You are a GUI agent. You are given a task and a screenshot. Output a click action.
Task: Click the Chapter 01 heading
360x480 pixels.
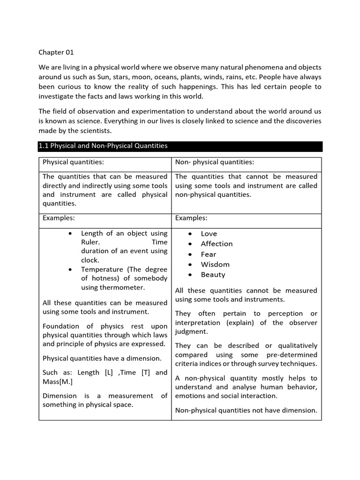pyautogui.click(x=56, y=52)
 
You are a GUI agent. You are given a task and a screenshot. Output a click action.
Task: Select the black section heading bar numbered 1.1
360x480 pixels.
pyautogui.click(x=180, y=146)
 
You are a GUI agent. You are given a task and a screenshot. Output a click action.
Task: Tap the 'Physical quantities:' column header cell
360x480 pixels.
pyautogui.click(x=73, y=162)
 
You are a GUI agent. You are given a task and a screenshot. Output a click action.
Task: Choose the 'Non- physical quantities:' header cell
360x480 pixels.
pyautogui.click(x=214, y=162)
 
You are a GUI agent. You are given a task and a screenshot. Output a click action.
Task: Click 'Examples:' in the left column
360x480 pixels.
pyautogui.click(x=59, y=218)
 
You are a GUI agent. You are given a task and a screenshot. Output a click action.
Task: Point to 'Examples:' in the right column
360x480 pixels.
pyautogui.click(x=191, y=218)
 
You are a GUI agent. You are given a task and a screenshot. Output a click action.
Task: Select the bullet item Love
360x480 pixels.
pyautogui.click(x=209, y=233)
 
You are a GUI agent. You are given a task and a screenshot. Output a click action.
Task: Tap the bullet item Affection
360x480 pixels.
pyautogui.click(x=217, y=244)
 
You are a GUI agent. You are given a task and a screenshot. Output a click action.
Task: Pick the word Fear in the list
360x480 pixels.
pyautogui.click(x=209, y=254)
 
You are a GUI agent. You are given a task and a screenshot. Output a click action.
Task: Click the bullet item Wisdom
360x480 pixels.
pyautogui.click(x=215, y=264)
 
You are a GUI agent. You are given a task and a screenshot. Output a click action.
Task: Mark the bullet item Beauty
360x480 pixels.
pyautogui.click(x=213, y=275)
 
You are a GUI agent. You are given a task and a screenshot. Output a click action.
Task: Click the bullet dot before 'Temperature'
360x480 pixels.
pyautogui.click(x=70, y=270)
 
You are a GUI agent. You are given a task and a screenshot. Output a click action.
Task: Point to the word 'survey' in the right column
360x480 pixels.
pyautogui.click(x=267, y=363)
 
